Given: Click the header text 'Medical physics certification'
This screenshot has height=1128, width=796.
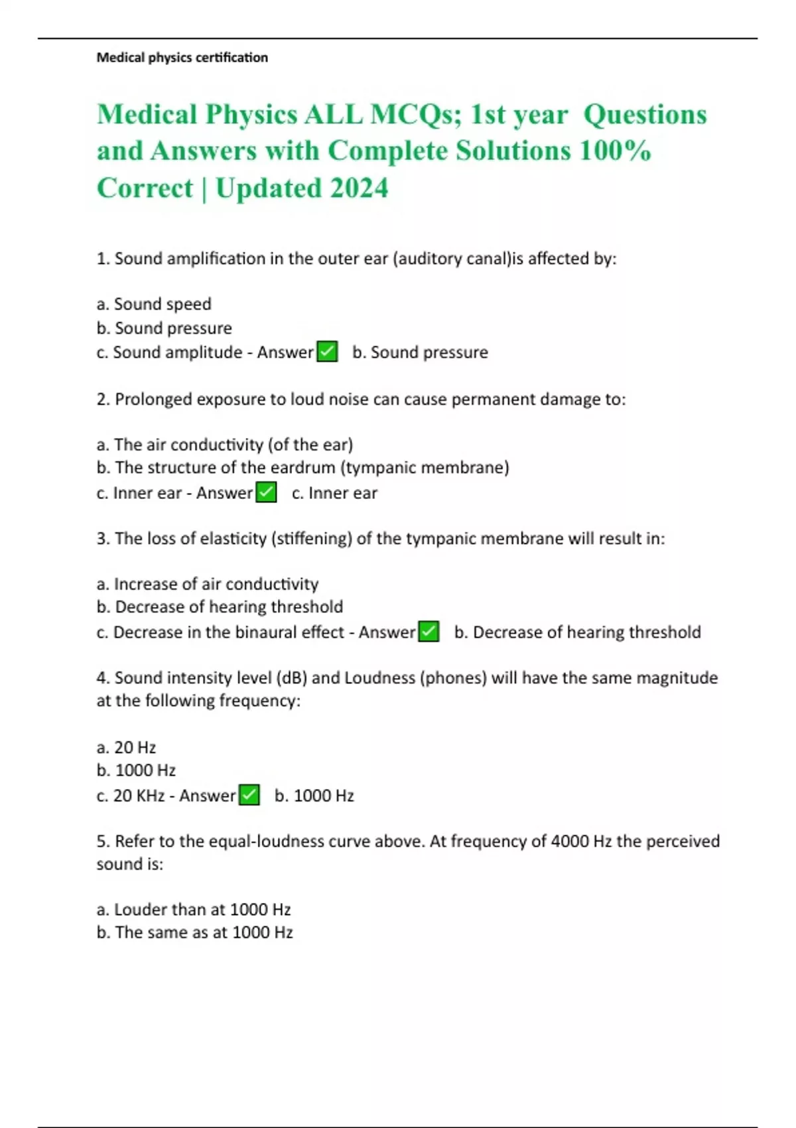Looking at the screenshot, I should pyautogui.click(x=182, y=58).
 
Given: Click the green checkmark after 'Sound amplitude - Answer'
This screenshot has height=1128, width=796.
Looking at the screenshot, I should pyautogui.click(x=327, y=352).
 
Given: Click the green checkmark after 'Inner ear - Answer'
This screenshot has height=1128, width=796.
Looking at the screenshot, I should pyautogui.click(x=266, y=493).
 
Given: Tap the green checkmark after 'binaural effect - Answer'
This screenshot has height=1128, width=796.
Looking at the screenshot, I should pyautogui.click(x=429, y=632).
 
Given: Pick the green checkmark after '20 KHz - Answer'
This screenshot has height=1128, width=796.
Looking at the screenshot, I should pyautogui.click(x=249, y=795).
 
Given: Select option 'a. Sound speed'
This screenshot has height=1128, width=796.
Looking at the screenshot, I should pyautogui.click(x=154, y=304).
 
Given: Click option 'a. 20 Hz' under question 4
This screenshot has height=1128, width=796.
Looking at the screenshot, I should pyautogui.click(x=126, y=747).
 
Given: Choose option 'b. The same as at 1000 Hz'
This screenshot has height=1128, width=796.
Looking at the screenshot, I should pyautogui.click(x=194, y=932).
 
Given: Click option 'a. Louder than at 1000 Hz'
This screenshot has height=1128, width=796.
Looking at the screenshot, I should pyautogui.click(x=194, y=909).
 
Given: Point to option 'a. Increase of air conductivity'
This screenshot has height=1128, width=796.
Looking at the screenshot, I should pyautogui.click(x=208, y=584).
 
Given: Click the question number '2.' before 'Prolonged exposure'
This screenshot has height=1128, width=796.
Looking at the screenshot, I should pyautogui.click(x=103, y=399).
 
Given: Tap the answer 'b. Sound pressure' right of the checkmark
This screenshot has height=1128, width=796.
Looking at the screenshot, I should pyautogui.click(x=420, y=352).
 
